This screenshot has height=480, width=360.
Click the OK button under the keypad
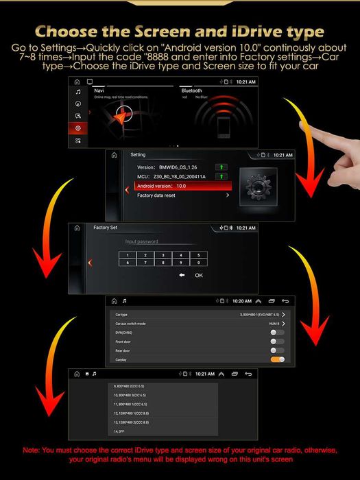(x=199, y=275)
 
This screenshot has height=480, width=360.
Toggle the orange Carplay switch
(x=277, y=359)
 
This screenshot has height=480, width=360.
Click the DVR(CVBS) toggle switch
(x=277, y=332)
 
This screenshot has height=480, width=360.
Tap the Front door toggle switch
(x=277, y=341)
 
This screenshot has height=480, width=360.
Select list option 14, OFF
(x=120, y=431)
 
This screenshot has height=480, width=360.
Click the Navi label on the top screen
(x=99, y=91)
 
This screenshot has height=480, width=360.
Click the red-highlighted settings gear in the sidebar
(x=78, y=128)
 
